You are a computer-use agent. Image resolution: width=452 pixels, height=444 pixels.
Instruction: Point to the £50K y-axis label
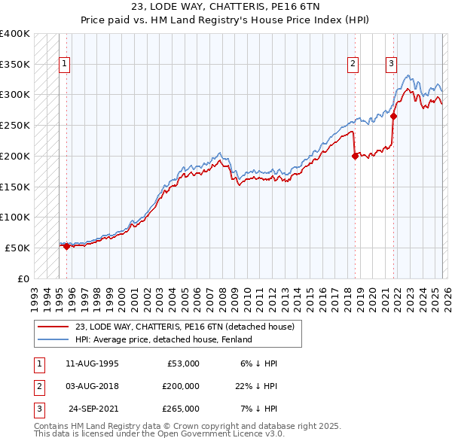[17, 248]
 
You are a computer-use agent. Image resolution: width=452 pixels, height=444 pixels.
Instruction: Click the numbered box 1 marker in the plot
[66, 65]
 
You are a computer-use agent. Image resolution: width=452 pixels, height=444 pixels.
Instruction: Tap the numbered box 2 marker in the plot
[353, 65]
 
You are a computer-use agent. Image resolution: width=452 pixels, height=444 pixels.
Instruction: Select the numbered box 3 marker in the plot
[391, 65]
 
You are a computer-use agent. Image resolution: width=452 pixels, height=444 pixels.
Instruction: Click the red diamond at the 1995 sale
[66, 246]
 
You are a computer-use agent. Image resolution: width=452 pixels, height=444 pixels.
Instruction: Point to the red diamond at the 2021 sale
[393, 116]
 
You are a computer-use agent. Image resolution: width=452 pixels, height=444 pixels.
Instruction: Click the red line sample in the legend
[53, 327]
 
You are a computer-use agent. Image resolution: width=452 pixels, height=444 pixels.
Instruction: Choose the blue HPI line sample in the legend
[53, 339]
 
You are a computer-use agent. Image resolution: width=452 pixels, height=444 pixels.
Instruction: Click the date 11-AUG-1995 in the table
[92, 363]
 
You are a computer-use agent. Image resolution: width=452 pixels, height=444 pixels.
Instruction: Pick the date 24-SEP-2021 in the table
[93, 409]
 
